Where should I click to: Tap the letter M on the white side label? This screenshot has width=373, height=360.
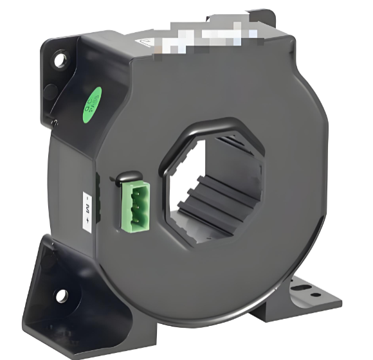pyautogui.click(x=88, y=207)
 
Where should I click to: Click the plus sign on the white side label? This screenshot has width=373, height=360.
pyautogui.click(x=88, y=221)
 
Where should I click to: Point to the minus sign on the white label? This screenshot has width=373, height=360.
pyautogui.click(x=88, y=195)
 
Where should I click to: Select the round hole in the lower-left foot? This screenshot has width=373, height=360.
pyautogui.click(x=62, y=296)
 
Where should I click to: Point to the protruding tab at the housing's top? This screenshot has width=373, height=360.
pyautogui.click(x=264, y=19)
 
